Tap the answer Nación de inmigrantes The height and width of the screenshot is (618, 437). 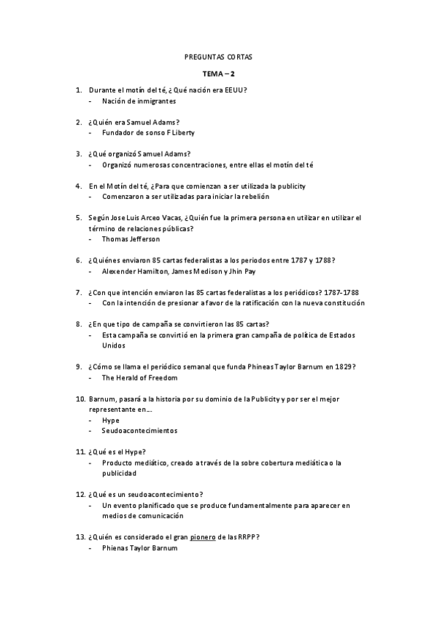[x=139, y=101]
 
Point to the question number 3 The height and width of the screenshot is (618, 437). [x=78, y=154]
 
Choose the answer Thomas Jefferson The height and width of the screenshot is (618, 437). [x=131, y=238]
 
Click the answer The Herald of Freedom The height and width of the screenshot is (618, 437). [x=139, y=378]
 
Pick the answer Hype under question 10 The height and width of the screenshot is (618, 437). [x=111, y=421]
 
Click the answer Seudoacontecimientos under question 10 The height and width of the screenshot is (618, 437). [x=140, y=431]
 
